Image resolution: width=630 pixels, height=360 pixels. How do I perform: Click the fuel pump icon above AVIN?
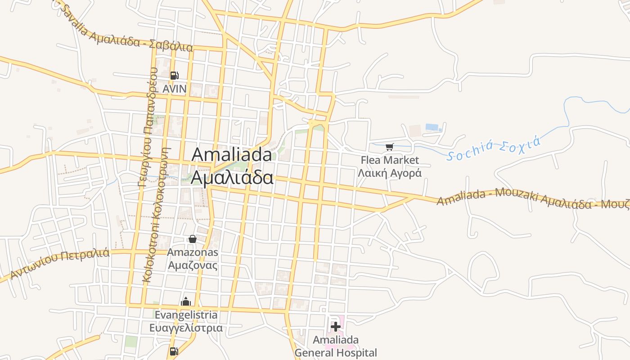(x=174, y=76)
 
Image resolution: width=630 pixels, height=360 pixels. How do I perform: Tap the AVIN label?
(x=174, y=89)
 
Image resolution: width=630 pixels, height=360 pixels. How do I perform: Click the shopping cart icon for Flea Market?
(x=390, y=147)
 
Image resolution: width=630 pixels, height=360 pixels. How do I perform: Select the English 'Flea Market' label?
(x=390, y=160)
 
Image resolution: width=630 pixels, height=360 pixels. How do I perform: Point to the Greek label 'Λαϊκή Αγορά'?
(x=390, y=173)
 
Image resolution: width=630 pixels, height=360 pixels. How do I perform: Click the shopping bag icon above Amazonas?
(x=193, y=239)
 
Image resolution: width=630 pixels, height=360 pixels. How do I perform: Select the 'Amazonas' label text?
(x=193, y=252)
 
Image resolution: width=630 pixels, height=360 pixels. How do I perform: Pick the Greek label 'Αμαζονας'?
(x=193, y=265)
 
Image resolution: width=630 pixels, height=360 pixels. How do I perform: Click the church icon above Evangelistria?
(x=186, y=301)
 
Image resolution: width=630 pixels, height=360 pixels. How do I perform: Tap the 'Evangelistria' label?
(x=186, y=315)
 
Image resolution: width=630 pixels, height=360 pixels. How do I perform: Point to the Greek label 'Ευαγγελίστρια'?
(x=186, y=328)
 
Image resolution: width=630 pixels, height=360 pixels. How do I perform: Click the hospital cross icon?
(x=336, y=326)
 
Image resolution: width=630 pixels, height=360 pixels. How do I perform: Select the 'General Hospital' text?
(x=336, y=353)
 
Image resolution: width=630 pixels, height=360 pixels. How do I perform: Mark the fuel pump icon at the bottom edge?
(x=174, y=351)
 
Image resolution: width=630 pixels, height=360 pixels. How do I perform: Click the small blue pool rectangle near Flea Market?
(x=432, y=127)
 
